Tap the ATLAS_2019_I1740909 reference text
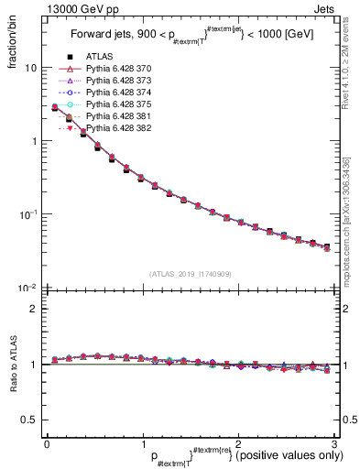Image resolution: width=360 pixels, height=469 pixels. [x=191, y=274]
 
